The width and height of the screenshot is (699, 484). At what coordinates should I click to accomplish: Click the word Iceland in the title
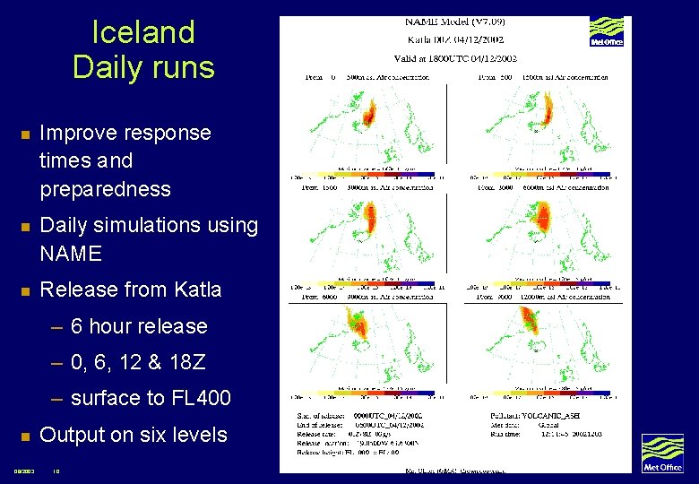pyautogui.click(x=143, y=32)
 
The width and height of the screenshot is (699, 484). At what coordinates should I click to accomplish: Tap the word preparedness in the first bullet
pyautogui.click(x=105, y=189)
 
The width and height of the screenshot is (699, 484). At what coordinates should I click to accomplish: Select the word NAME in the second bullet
pyautogui.click(x=71, y=254)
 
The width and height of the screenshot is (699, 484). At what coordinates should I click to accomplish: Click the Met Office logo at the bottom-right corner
pyautogui.click(x=662, y=453)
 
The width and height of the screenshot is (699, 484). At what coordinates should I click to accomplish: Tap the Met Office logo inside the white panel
pyautogui.click(x=606, y=31)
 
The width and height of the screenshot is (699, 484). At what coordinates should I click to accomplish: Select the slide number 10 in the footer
pyautogui.click(x=56, y=471)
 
